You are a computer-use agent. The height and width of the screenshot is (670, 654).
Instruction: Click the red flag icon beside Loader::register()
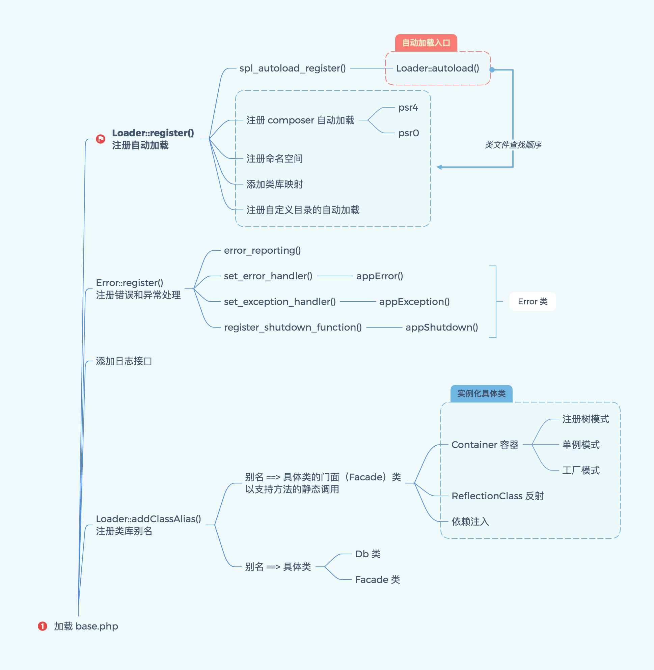tap(101, 139)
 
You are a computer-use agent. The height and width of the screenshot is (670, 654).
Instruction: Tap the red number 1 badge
tap(42, 626)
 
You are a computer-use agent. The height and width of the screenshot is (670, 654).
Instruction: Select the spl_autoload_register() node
tap(292, 68)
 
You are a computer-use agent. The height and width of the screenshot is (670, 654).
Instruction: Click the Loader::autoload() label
tap(438, 68)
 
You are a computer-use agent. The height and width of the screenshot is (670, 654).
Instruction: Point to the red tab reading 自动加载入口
tap(426, 43)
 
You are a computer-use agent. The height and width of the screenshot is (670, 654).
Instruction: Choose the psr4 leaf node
tap(408, 108)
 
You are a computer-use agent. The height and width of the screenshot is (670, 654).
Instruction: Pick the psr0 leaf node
tap(408, 133)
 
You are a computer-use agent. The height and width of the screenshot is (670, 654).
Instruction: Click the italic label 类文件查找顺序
tap(513, 145)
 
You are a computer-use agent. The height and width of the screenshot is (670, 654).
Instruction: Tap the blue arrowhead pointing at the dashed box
tap(439, 167)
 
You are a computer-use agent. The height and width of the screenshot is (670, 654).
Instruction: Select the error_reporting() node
tap(262, 251)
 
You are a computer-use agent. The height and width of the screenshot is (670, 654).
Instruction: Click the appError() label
tap(380, 276)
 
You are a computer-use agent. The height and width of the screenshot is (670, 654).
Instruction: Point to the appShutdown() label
tap(442, 327)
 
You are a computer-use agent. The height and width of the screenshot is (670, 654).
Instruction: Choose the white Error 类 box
tap(533, 302)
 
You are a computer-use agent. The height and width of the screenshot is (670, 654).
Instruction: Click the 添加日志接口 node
tap(124, 361)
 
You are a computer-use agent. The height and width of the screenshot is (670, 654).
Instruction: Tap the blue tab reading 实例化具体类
tap(481, 394)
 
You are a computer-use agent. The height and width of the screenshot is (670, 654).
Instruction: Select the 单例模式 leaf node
tap(581, 445)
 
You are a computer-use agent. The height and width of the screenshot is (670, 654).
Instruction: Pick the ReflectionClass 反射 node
tap(497, 496)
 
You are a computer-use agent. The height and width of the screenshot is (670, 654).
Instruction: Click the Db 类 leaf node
tap(367, 554)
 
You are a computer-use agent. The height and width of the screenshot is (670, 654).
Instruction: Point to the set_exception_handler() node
tap(280, 302)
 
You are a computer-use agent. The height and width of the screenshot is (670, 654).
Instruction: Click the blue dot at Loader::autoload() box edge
tap(492, 70)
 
